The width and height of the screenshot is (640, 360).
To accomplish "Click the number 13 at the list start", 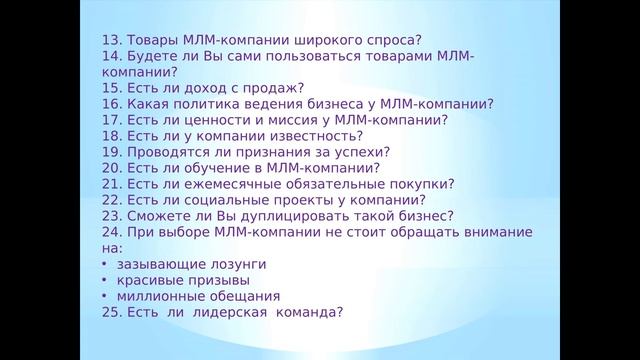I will pos(109,41).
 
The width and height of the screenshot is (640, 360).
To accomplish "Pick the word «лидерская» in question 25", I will pos(223,313).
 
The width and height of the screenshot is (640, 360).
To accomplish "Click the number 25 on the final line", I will pos(109,313).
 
